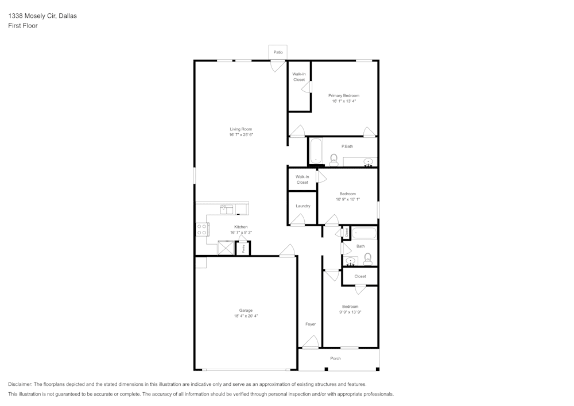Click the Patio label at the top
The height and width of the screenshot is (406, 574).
click(x=278, y=52)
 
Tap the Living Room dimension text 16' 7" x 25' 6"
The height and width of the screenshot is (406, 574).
click(x=241, y=135)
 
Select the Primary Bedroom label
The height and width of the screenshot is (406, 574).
click(x=344, y=95)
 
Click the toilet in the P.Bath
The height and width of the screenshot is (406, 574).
click(x=334, y=158)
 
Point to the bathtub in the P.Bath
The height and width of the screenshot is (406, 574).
click(x=316, y=151)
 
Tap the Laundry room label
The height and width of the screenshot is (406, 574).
click(x=303, y=206)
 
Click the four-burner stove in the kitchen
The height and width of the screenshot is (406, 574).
click(x=202, y=230)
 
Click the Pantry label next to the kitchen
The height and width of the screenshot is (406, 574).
click(x=244, y=249)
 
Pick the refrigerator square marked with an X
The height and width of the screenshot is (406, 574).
click(x=225, y=248)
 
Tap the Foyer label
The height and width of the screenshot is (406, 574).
click(x=311, y=324)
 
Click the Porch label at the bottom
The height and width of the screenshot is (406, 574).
click(x=336, y=358)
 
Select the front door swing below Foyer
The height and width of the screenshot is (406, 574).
click(x=311, y=342)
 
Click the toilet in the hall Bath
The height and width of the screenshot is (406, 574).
click(x=368, y=259)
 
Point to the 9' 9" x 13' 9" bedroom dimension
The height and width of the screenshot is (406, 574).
click(x=350, y=312)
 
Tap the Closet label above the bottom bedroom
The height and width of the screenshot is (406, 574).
click(x=360, y=276)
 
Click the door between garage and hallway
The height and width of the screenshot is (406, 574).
click(x=287, y=251)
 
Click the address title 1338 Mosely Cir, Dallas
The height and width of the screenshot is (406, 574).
click(x=42, y=16)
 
